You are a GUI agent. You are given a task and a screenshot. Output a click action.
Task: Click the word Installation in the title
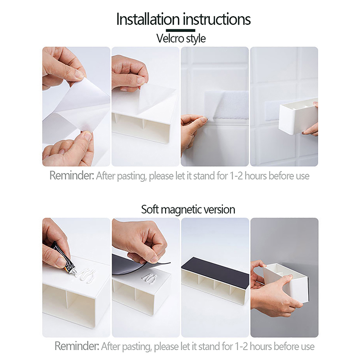[148, 19]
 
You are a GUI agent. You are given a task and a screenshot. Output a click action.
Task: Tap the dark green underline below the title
[180, 30]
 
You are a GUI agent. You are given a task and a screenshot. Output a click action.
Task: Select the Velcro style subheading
[181, 38]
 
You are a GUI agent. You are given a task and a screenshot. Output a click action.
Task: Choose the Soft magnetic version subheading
[188, 209]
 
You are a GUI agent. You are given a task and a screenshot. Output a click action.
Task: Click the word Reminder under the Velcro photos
[72, 175]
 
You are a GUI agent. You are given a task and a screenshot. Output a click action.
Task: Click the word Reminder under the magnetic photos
[77, 346]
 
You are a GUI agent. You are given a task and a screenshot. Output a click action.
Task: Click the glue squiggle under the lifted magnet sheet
[149, 278]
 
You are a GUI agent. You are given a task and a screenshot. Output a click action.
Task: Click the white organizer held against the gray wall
[287, 283]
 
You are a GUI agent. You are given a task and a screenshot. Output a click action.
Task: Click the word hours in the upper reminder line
[256, 176]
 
